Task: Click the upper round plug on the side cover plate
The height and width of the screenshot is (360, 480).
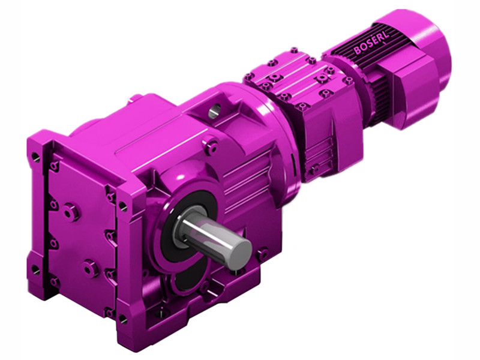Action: (71, 212)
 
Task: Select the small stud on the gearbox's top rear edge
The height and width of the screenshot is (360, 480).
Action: (137, 97)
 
